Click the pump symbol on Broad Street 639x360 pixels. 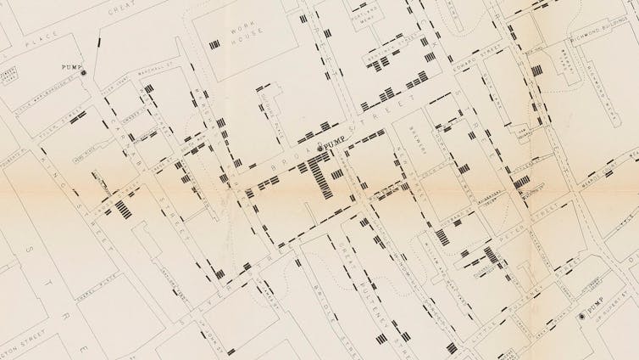(x=319, y=149)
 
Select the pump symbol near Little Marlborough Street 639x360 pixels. (x=83, y=74)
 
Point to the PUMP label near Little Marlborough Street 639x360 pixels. (x=70, y=66)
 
